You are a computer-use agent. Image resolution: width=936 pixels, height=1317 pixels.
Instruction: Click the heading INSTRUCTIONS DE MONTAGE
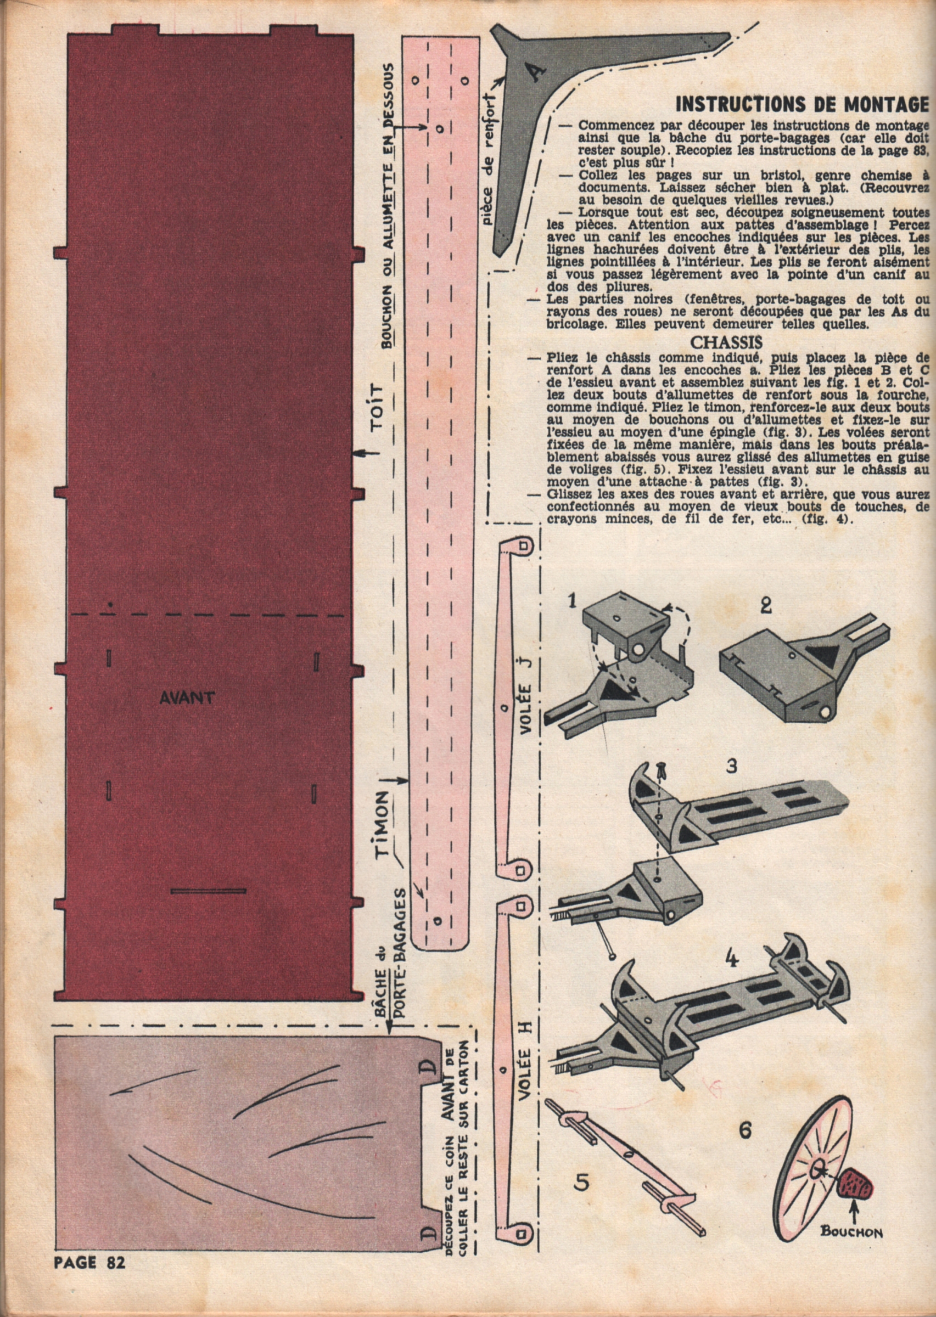(x=802, y=104)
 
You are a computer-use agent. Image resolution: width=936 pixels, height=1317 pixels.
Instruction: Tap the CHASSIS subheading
(x=726, y=342)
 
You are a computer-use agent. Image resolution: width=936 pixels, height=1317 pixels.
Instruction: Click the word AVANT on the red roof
(x=187, y=698)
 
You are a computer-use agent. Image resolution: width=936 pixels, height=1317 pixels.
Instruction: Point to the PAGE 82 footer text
(x=89, y=1294)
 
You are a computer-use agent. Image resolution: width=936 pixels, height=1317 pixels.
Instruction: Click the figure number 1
(x=571, y=602)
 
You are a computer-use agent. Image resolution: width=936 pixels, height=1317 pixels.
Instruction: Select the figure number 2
(x=766, y=607)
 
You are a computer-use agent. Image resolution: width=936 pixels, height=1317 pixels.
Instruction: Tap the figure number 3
(x=731, y=767)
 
